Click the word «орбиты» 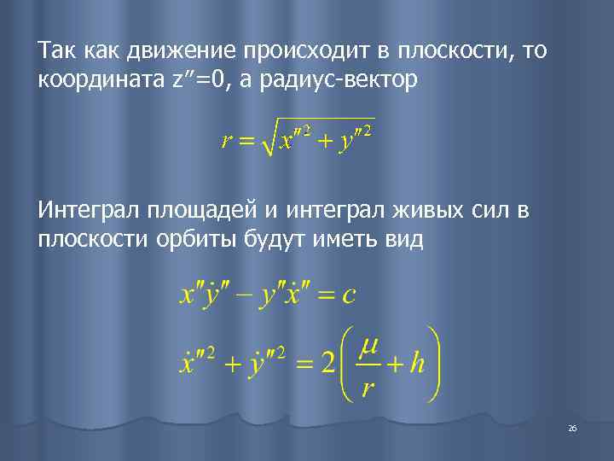182,238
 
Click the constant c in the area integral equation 348,295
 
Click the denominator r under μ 368,389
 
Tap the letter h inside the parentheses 417,365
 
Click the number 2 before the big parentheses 326,365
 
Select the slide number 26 572,428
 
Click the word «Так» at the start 54,52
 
